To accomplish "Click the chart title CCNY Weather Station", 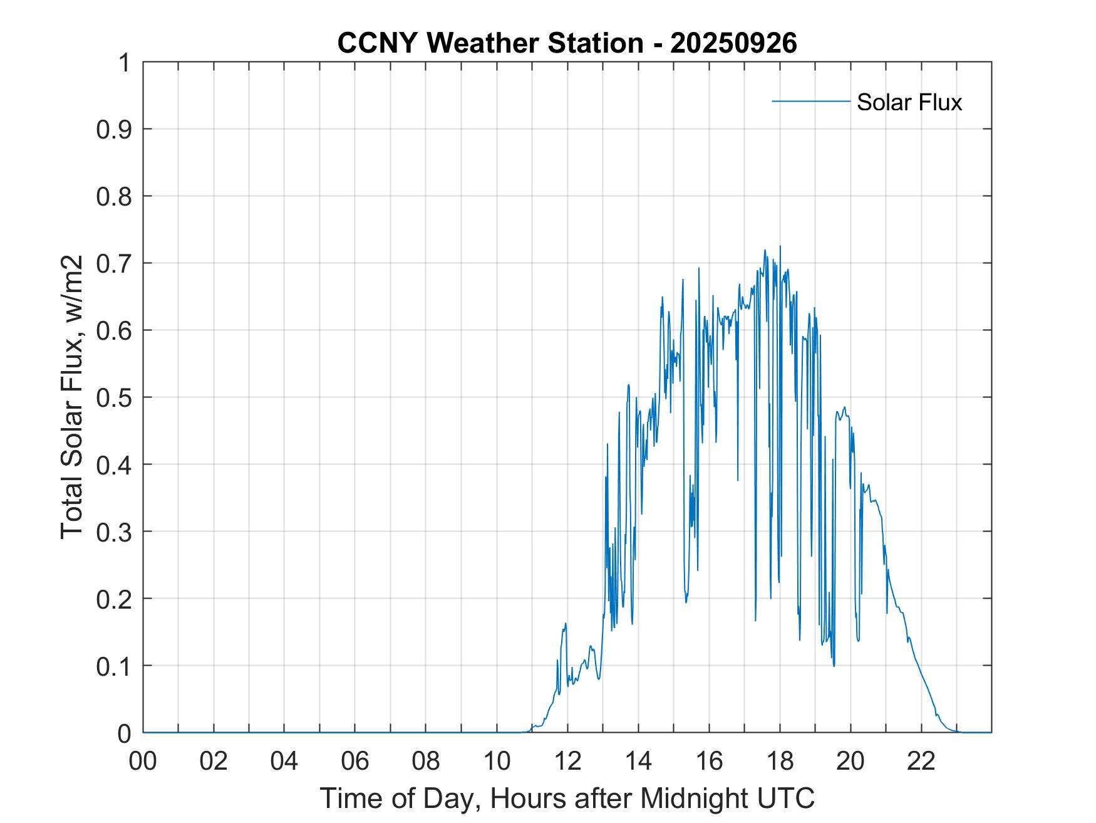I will (x=490, y=43).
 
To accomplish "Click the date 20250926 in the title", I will (x=733, y=43).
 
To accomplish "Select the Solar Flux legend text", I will (x=909, y=102).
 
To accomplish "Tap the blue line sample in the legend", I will (x=810, y=101).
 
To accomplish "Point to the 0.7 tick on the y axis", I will (x=115, y=263).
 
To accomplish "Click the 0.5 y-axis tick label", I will (x=115, y=397).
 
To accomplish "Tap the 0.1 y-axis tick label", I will (x=115, y=666).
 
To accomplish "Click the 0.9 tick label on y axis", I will (x=115, y=129).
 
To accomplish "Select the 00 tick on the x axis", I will (x=143, y=761).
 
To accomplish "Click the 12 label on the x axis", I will (x=567, y=761).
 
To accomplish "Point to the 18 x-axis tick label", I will (x=780, y=761).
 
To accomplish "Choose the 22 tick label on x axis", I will (x=921, y=761).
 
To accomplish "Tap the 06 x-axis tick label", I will (x=355, y=761).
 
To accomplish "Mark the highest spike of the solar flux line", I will (x=780, y=246).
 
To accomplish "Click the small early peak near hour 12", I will (x=565, y=624).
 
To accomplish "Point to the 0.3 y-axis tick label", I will (x=115, y=532).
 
